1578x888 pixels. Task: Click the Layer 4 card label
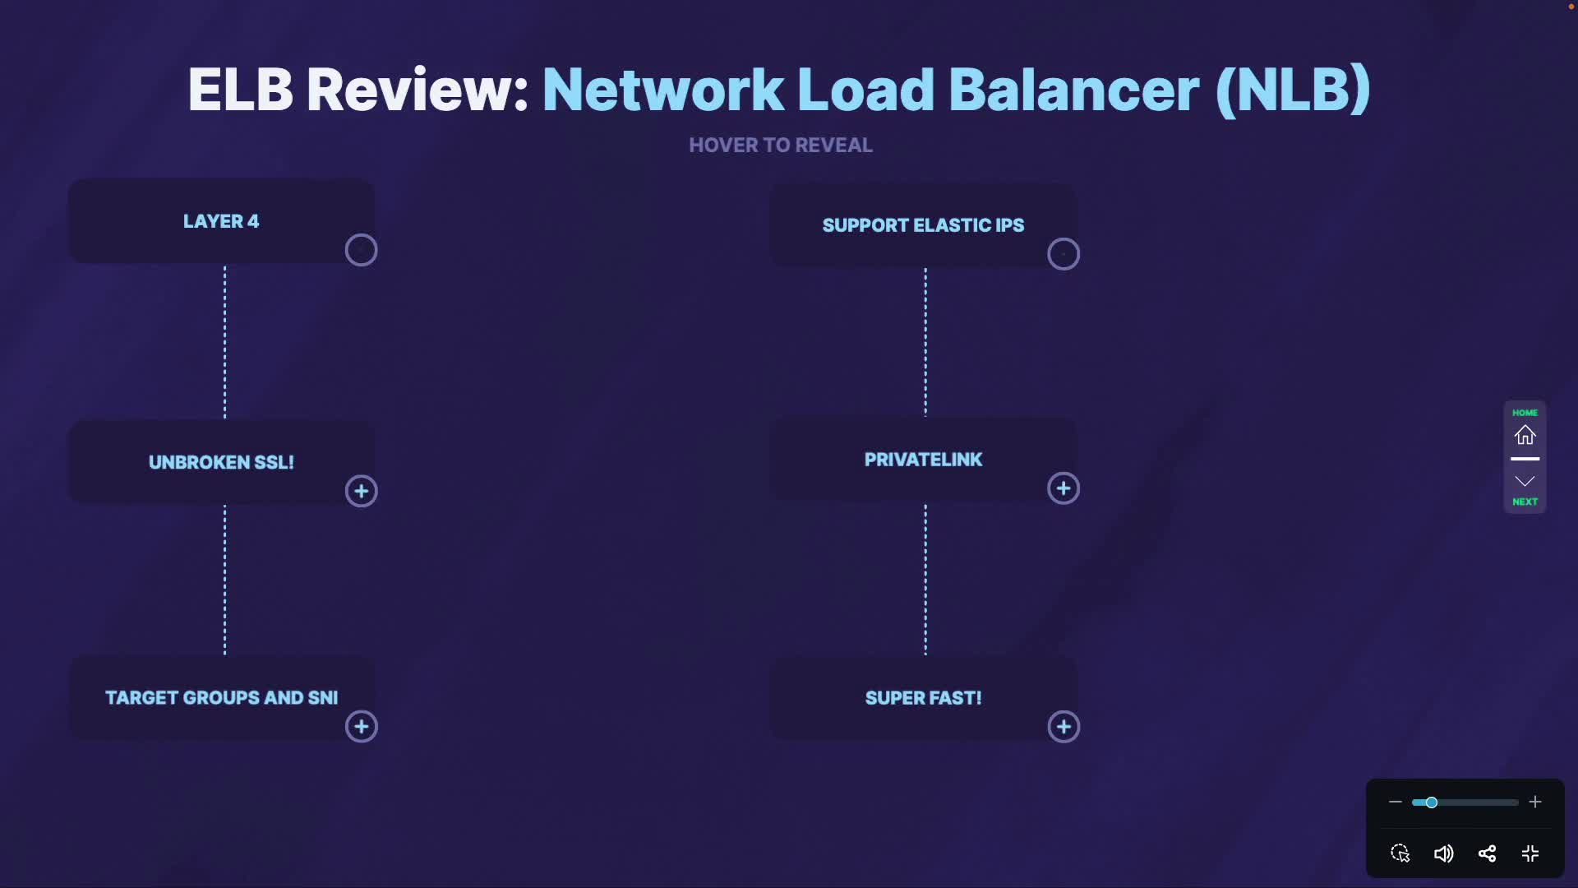pyautogui.click(x=220, y=221)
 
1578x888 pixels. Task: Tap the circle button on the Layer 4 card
pyautogui.click(x=361, y=250)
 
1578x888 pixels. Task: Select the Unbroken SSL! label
pyautogui.click(x=221, y=462)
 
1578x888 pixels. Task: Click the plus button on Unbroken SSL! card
pyautogui.click(x=361, y=492)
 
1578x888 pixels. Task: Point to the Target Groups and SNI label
pyautogui.click(x=221, y=697)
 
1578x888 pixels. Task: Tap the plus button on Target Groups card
pyautogui.click(x=361, y=727)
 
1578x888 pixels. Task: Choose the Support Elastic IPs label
pyautogui.click(x=923, y=225)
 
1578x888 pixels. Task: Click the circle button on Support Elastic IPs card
pyautogui.click(x=1064, y=254)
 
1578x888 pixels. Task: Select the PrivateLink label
pyautogui.click(x=923, y=460)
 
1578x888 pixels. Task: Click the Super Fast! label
pyautogui.click(x=923, y=698)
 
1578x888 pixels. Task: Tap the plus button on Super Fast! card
pyautogui.click(x=1064, y=727)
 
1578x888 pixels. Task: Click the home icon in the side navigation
pyautogui.click(x=1525, y=434)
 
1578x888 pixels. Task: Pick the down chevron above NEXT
pyautogui.click(x=1525, y=481)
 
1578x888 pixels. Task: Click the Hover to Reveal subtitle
pyautogui.click(x=780, y=146)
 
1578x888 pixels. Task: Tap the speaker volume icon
pyautogui.click(x=1443, y=853)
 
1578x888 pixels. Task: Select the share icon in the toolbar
pyautogui.click(x=1487, y=853)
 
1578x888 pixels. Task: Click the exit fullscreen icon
pyautogui.click(x=1530, y=853)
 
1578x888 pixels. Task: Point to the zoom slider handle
pyautogui.click(x=1431, y=802)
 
